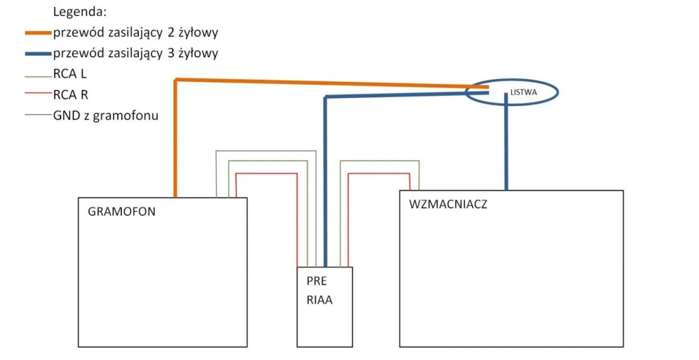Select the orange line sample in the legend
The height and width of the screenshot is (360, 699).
[38, 33]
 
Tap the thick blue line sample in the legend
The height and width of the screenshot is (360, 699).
[38, 54]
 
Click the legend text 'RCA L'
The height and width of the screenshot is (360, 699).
[70, 74]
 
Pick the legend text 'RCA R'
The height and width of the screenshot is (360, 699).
[70, 95]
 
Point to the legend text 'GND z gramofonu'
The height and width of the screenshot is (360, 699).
[105, 116]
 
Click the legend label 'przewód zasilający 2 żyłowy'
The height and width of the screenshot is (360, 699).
[135, 33]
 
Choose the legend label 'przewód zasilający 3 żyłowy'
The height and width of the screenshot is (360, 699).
[135, 54]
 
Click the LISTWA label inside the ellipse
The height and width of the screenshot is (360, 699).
[523, 93]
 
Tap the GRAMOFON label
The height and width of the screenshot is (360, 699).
[121, 212]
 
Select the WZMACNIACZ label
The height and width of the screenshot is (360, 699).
[448, 205]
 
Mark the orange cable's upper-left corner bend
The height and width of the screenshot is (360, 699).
[176, 81]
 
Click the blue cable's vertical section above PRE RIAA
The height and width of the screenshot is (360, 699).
[325, 180]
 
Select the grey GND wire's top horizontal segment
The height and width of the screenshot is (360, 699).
[266, 150]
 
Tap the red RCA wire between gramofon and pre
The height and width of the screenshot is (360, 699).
[266, 173]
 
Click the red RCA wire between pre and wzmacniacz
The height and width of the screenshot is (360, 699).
[378, 173]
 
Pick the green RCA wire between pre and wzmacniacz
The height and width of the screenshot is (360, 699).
[380, 161]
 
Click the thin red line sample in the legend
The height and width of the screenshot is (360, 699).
[38, 95]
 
